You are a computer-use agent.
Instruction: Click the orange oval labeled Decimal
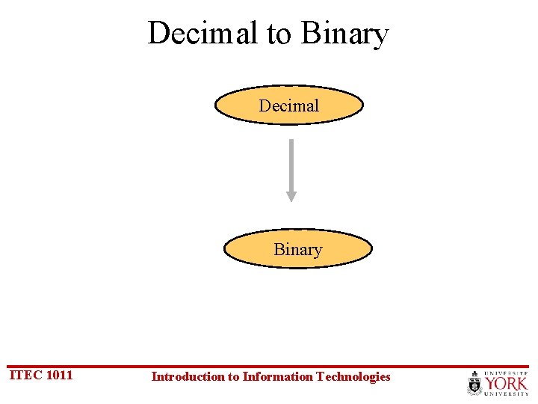289,105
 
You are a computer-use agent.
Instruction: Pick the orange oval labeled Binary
297,249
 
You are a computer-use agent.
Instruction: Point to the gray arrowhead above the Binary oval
291,196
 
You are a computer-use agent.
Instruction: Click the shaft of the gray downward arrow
291,165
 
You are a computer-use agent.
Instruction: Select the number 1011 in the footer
60,375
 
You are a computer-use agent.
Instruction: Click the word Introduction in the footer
187,376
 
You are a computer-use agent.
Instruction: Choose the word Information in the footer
278,376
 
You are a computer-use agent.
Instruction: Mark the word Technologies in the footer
353,376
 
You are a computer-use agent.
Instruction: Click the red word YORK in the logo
506,383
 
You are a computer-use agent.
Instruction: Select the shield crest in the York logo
475,384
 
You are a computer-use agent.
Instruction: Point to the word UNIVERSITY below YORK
506,394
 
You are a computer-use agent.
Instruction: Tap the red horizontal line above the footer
269,367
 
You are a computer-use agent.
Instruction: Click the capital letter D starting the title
158,34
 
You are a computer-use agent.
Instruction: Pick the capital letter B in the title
309,34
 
